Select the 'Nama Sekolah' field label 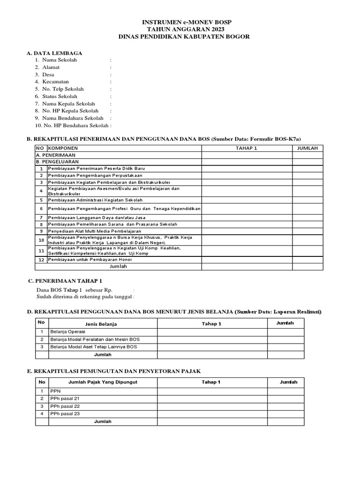click(x=60, y=60)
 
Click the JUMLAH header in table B click(x=307, y=148)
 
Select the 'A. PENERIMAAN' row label click(x=56, y=155)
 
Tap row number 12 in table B click(x=41, y=260)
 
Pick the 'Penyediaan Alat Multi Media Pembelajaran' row click(x=94, y=231)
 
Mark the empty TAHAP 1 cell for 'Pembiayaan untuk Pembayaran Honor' click(x=247, y=260)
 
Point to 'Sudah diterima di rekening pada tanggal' click(x=84, y=297)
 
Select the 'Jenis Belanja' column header click(x=101, y=324)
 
